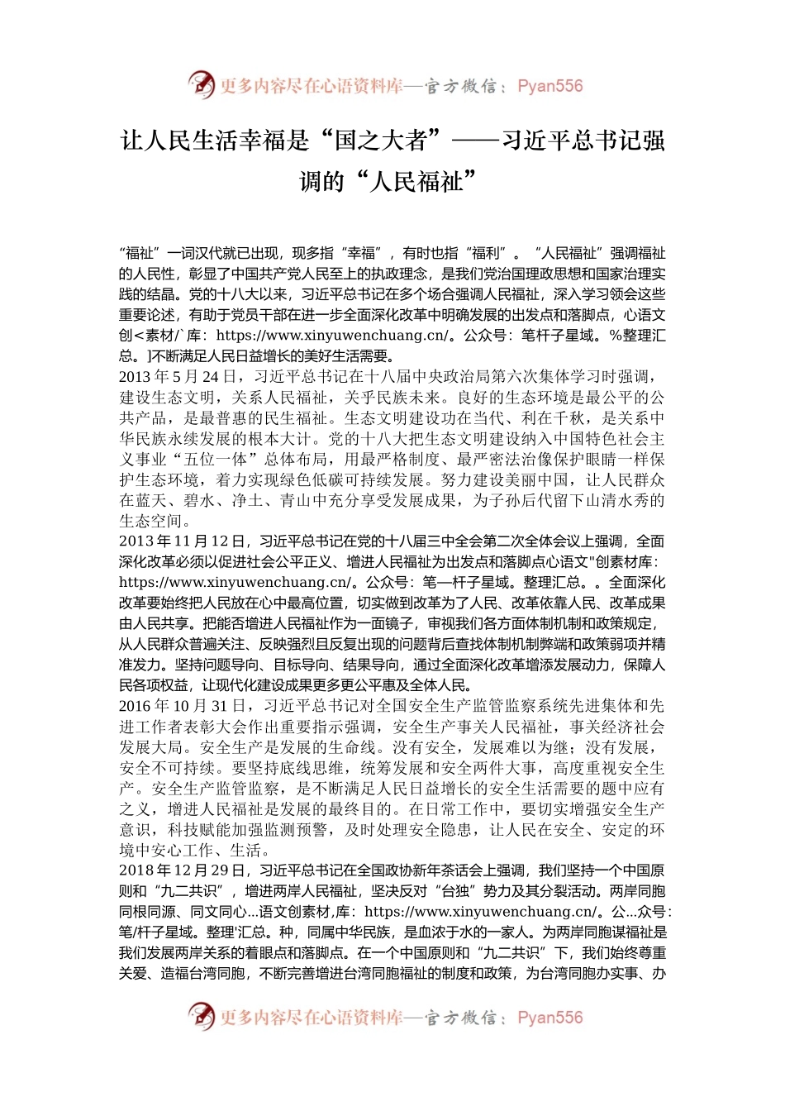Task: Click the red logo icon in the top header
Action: point(202,85)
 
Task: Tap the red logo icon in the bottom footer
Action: point(202,1017)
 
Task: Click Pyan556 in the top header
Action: point(549,86)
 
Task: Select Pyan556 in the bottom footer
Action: point(549,1018)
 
